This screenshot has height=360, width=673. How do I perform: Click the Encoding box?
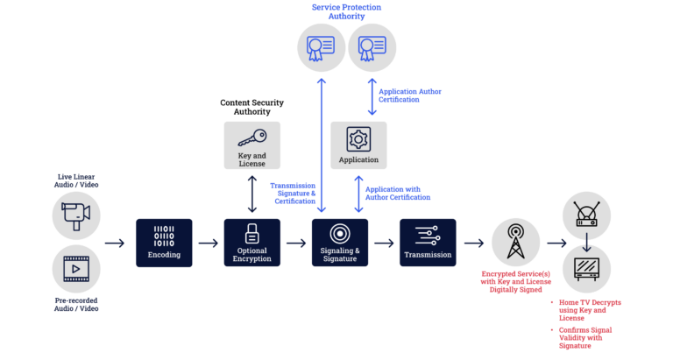(x=164, y=243)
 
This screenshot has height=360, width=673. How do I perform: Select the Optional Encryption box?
(x=252, y=243)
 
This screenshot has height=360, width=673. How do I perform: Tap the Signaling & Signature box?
(x=340, y=243)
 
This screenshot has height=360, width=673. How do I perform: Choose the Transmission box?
(x=428, y=243)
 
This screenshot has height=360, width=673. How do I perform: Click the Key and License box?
(x=252, y=145)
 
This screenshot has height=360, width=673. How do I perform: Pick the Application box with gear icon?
(x=358, y=145)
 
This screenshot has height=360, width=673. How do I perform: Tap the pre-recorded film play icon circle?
(x=76, y=269)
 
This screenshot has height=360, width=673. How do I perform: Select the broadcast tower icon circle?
(x=516, y=243)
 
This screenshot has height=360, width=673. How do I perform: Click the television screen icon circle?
(x=585, y=269)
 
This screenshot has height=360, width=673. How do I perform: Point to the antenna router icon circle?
(x=585, y=215)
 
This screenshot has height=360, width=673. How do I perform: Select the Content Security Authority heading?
(x=251, y=107)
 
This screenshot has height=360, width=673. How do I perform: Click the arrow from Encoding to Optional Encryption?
(x=208, y=244)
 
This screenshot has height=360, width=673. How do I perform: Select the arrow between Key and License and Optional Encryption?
(x=252, y=194)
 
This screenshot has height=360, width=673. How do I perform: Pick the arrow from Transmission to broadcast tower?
(x=473, y=244)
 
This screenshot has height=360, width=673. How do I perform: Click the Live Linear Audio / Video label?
(x=76, y=180)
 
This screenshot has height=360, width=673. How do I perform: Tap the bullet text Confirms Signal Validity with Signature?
(x=586, y=337)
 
